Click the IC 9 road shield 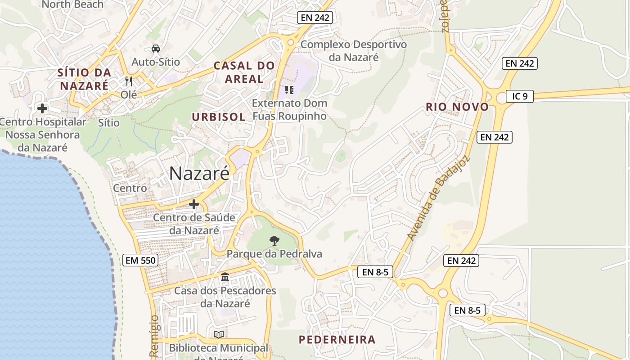(x=519, y=96)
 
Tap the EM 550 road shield (x=140, y=260)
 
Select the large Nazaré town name (x=199, y=174)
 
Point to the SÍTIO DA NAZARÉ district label (x=84, y=79)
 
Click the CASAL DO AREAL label (x=244, y=72)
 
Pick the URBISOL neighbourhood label (x=219, y=117)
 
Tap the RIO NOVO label (x=457, y=107)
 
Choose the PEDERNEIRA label (x=337, y=340)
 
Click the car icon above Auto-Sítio (x=156, y=49)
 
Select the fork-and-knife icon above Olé (x=129, y=81)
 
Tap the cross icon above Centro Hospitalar (x=42, y=108)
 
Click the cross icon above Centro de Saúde (x=194, y=205)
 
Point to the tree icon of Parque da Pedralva (x=274, y=241)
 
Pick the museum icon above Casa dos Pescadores (x=225, y=277)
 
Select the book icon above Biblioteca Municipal (x=219, y=334)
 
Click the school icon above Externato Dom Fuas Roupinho (x=289, y=90)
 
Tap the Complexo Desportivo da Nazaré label (x=354, y=51)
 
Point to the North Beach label (x=72, y=4)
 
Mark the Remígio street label (x=154, y=336)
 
